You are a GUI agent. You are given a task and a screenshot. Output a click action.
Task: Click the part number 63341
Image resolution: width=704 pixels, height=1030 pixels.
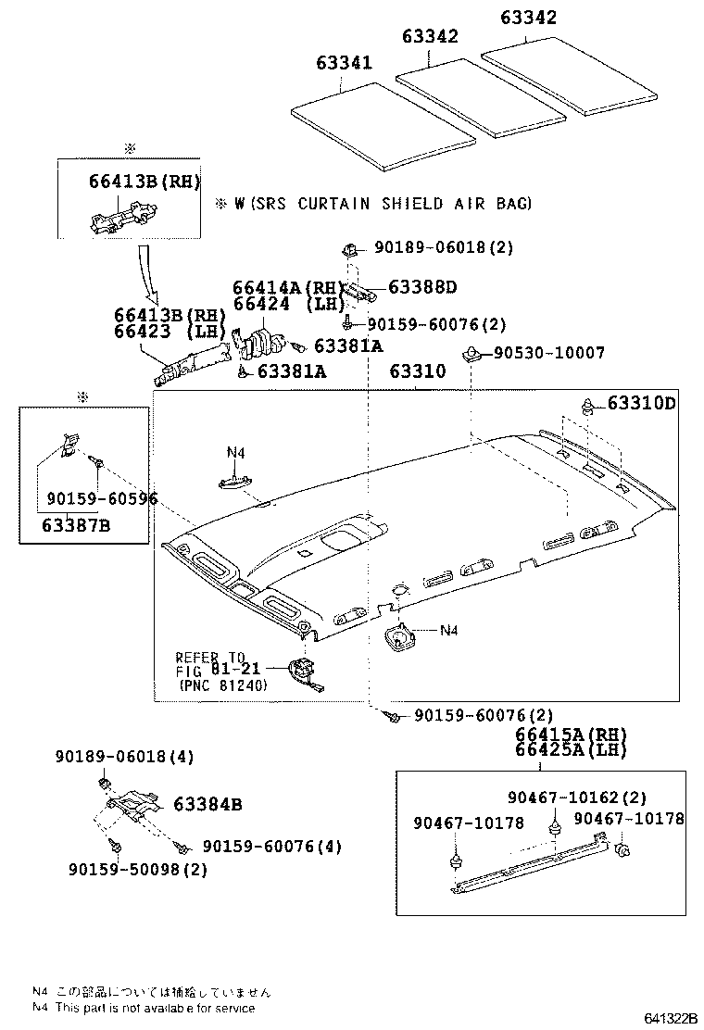(x=344, y=63)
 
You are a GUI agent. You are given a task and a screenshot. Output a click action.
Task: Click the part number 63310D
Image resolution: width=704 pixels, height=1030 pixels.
(x=642, y=403)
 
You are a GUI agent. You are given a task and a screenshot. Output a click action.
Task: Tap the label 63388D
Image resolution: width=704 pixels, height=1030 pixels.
(x=422, y=287)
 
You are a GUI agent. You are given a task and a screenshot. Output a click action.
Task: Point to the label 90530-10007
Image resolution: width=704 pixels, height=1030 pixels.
(x=548, y=353)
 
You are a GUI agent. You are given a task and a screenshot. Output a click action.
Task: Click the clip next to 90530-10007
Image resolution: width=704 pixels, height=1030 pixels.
(x=470, y=354)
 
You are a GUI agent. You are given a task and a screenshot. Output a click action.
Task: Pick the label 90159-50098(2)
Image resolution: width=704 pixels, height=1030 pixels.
(x=137, y=869)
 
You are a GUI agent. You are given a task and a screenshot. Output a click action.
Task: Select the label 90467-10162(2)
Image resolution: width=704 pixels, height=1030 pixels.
(x=577, y=798)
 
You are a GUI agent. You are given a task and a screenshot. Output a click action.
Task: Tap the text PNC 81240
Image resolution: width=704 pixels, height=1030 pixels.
(x=222, y=686)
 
